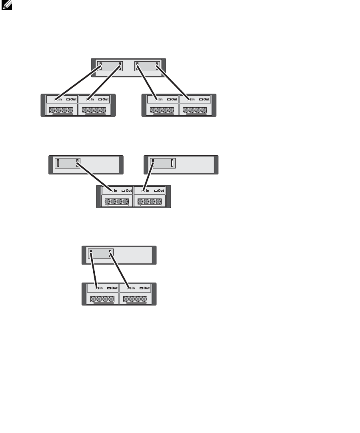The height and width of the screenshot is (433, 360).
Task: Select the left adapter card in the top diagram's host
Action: pyautogui.click(x=111, y=66)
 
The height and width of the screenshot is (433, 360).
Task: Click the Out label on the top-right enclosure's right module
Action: pyautogui.click(x=205, y=99)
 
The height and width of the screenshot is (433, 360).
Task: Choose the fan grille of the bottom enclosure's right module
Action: pyautogui.click(x=135, y=299)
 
